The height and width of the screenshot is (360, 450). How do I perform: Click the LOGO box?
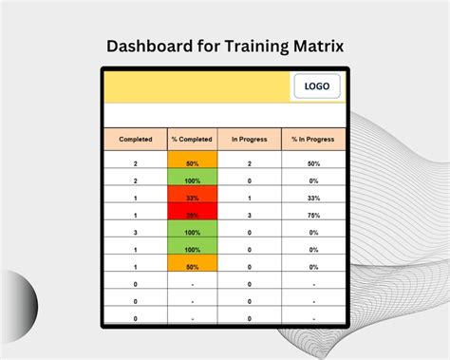317,86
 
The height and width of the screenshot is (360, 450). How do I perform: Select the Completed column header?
135,140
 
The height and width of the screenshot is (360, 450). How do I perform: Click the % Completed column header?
192,140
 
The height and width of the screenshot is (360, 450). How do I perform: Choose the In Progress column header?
250,140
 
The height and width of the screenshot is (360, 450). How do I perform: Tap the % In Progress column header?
313,140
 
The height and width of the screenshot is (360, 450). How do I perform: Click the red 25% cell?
192,215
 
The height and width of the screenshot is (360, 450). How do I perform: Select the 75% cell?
313,215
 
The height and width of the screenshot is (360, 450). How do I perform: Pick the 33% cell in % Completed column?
192,198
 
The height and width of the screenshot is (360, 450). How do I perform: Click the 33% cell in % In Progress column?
313,198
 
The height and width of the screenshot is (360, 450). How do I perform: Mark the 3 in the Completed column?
135,231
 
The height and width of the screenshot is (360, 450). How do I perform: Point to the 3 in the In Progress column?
250,215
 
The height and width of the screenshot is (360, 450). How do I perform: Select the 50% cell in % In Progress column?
313,163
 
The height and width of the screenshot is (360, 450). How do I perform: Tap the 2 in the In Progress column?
250,163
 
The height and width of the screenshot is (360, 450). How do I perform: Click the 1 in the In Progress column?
250,198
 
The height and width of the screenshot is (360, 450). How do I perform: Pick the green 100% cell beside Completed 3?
192,231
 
